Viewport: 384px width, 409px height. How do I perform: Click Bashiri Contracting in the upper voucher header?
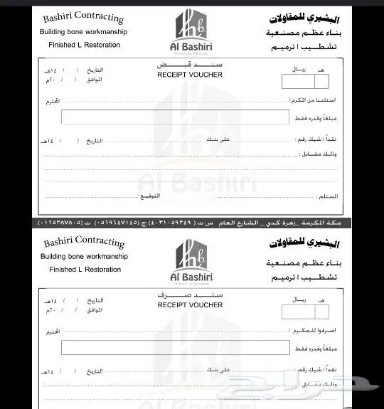(x=83, y=17)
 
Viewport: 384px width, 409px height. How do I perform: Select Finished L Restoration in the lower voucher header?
(x=85, y=270)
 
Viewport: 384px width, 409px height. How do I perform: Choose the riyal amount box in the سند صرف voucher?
(x=305, y=311)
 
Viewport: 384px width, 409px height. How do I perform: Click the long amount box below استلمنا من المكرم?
(x=175, y=117)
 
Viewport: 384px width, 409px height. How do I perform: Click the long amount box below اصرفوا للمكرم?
(x=175, y=347)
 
